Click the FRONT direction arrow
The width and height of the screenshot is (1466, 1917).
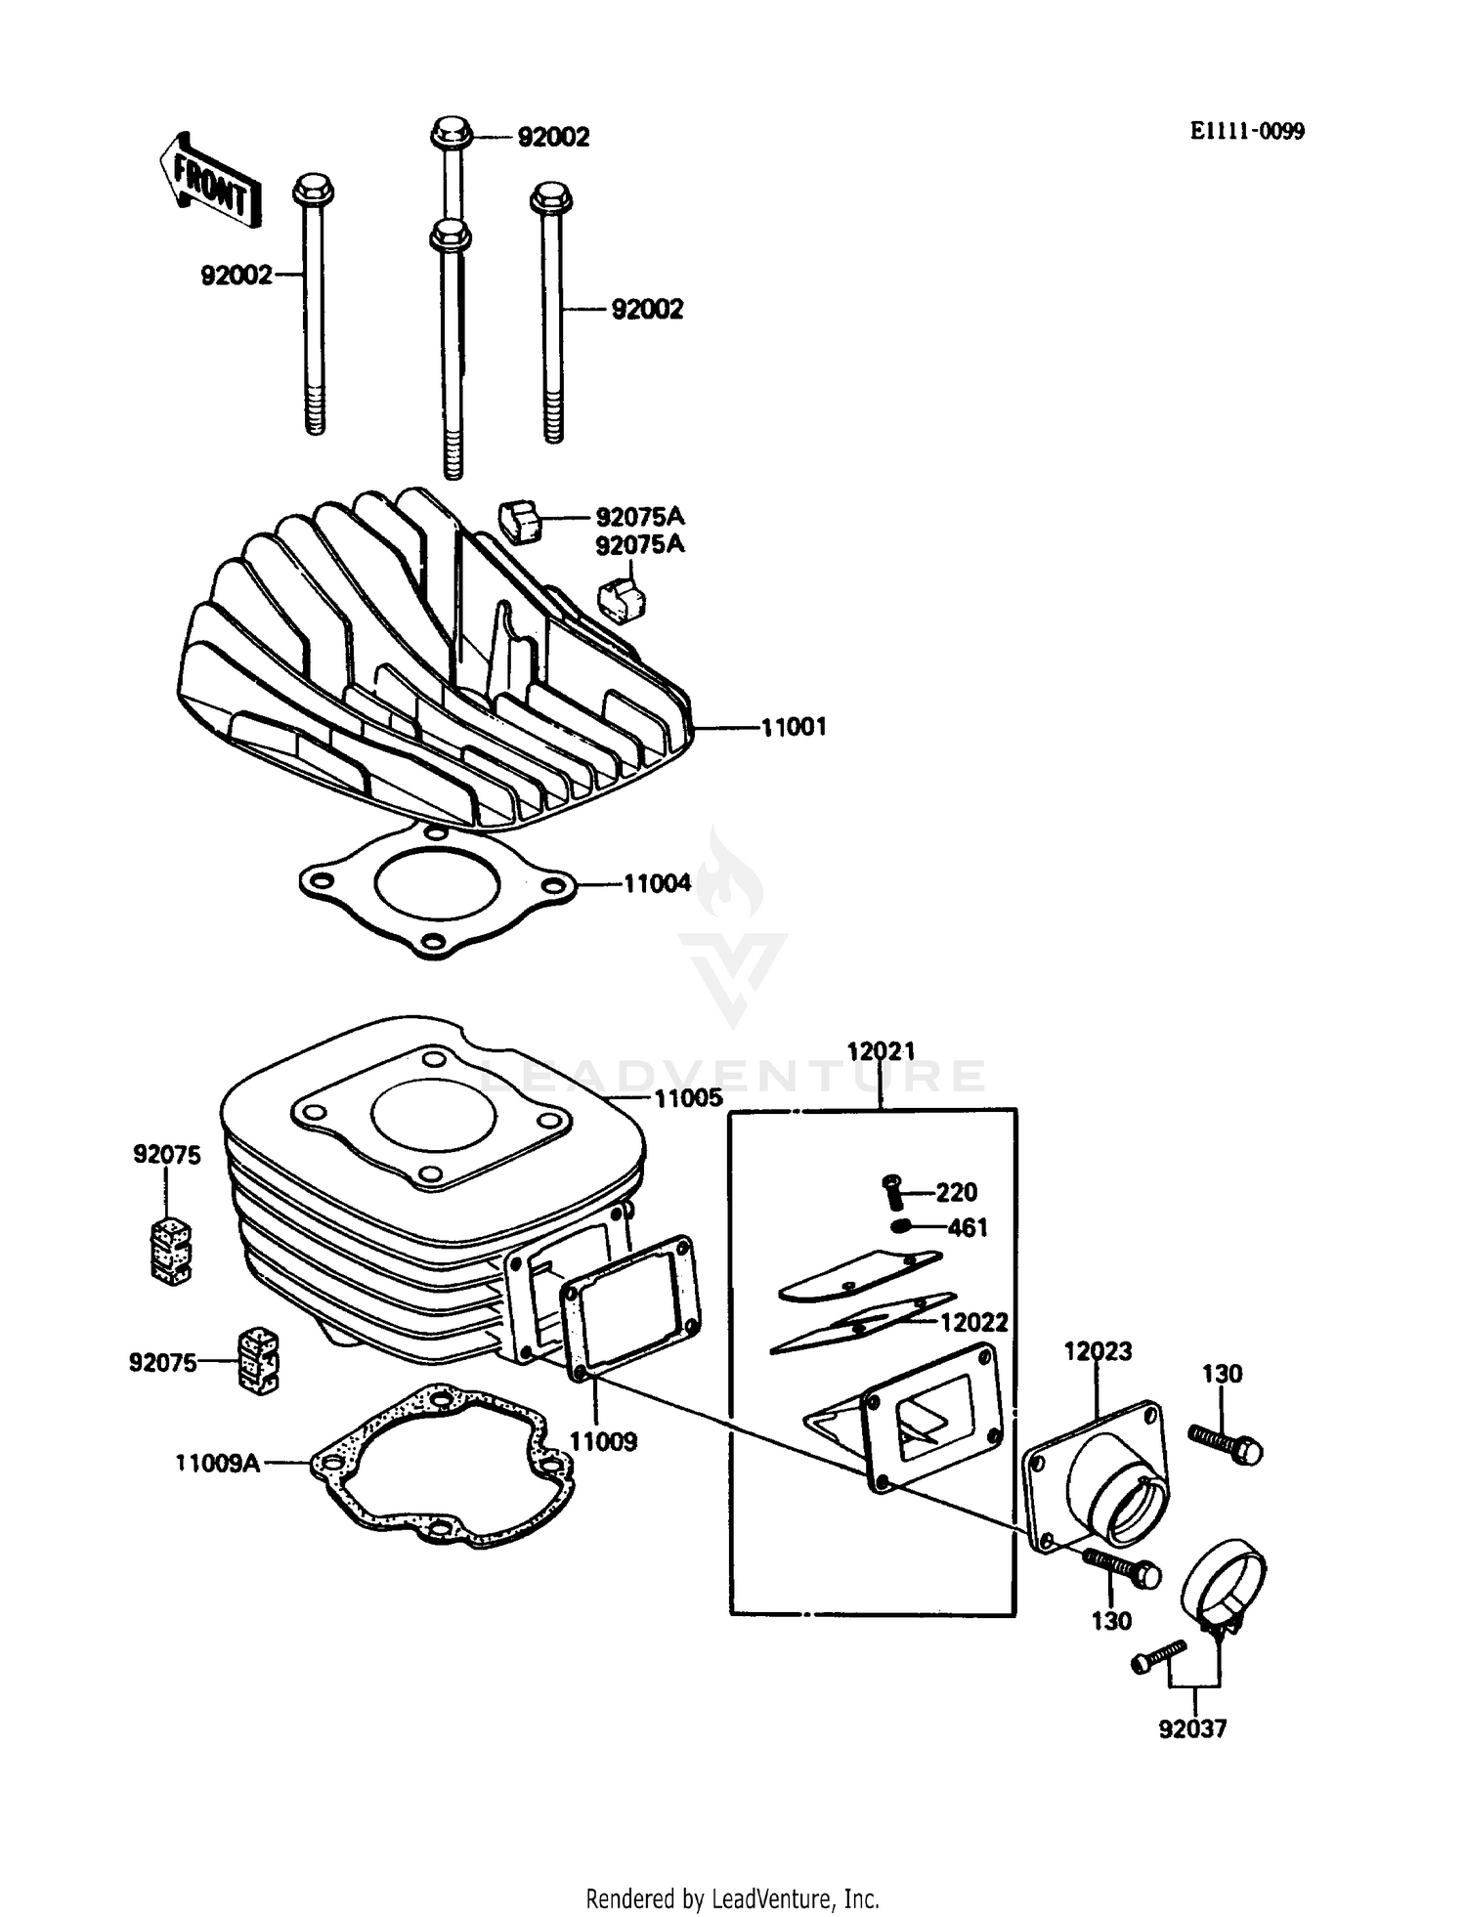(x=209, y=182)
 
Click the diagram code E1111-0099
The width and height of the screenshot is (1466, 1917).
(x=1246, y=132)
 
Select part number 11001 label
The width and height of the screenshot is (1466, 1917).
(x=794, y=727)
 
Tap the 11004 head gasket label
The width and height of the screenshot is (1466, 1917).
(x=657, y=884)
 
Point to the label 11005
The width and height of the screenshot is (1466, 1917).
(x=688, y=1098)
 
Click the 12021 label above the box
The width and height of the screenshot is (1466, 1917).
(x=881, y=1051)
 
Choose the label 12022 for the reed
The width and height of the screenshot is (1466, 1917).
(x=973, y=1322)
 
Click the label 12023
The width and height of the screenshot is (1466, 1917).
(x=1098, y=1351)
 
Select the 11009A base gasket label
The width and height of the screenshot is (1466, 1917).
(x=218, y=1463)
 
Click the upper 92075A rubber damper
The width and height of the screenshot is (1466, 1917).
(x=520, y=519)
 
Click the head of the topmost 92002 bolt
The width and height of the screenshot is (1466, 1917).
(x=451, y=131)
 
